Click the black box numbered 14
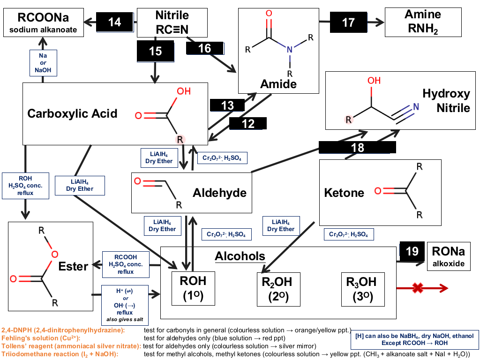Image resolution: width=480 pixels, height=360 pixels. (115, 22)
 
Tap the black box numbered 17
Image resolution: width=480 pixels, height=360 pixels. (348, 22)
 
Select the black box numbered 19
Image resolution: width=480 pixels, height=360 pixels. (412, 251)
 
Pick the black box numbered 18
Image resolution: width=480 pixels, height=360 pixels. (357, 147)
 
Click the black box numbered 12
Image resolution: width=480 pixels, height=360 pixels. (248, 124)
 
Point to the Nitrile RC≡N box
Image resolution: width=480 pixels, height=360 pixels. (172, 22)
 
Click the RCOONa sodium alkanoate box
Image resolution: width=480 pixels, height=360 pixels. (44, 22)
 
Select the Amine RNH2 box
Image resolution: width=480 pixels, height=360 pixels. (423, 22)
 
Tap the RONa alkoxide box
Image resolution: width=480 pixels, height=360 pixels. (449, 256)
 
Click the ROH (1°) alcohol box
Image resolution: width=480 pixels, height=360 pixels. (193, 288)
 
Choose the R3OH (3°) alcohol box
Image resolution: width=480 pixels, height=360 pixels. (363, 289)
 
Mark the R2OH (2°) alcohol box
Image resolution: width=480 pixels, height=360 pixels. (278, 289)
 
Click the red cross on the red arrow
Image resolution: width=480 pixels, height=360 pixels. (418, 288)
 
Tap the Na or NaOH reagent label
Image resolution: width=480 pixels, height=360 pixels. (43, 63)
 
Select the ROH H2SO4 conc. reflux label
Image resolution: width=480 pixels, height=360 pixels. (25, 186)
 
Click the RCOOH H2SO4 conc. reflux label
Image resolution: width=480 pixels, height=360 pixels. (126, 264)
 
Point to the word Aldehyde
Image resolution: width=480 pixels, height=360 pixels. (219, 193)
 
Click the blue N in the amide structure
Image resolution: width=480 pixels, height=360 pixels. (290, 49)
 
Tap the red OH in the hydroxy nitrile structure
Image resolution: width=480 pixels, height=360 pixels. (374, 81)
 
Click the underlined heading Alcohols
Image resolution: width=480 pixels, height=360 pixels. (240, 256)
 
